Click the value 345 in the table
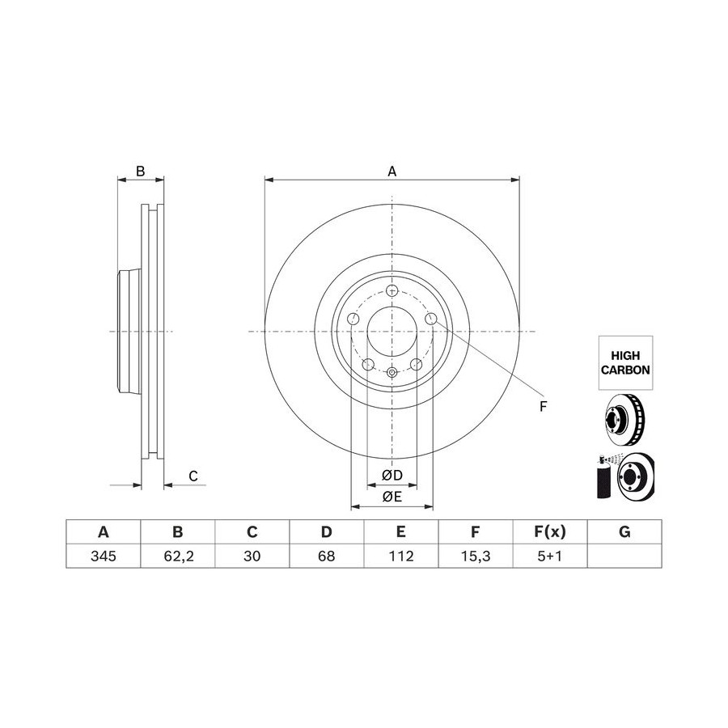point(103,556)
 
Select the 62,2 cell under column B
point(178,556)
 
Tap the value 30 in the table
point(252,556)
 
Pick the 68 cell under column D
point(327,556)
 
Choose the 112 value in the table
point(400,556)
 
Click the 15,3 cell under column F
point(476,556)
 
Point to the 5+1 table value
point(550,556)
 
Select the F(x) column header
point(550,531)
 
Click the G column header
point(624,531)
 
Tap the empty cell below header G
point(624,556)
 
